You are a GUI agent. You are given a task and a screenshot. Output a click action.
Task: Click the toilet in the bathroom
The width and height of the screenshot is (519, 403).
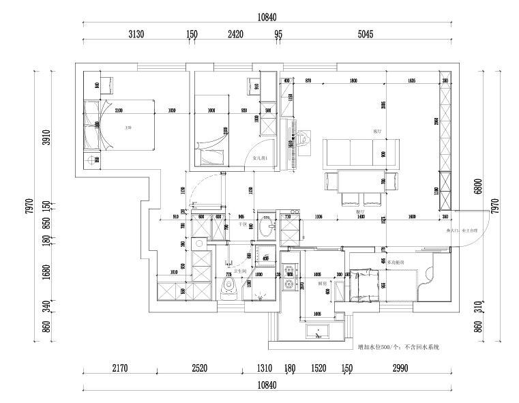coord(228,288)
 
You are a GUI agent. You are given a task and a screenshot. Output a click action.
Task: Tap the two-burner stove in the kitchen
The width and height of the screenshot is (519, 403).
coord(288,278)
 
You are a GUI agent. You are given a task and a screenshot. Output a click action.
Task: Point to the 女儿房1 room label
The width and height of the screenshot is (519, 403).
coord(260,158)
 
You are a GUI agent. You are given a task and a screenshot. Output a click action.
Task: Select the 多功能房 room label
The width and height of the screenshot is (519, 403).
coord(396,262)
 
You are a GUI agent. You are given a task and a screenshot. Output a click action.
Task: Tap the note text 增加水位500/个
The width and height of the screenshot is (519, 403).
coord(398,346)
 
